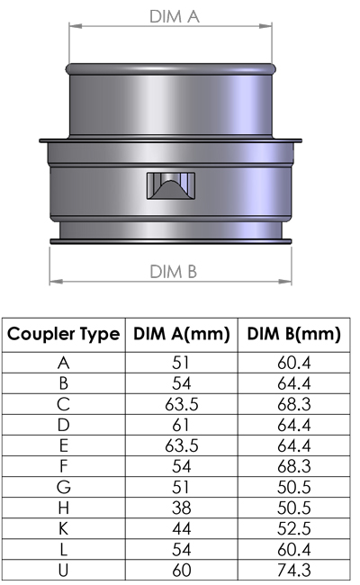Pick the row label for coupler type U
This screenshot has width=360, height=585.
click(x=63, y=569)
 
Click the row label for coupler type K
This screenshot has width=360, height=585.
click(x=63, y=527)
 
